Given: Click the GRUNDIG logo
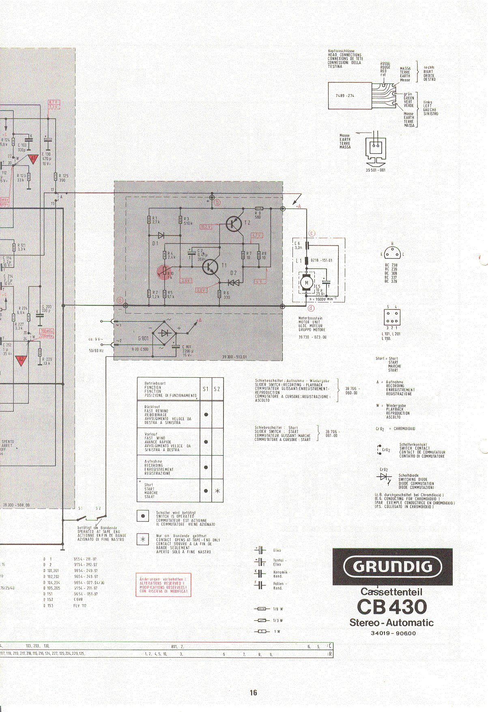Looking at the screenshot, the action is pos(392,567).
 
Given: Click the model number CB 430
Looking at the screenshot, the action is pos(392,607).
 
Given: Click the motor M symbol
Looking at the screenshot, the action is pos(307,283).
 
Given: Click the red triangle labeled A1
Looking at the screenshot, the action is pos(34,159).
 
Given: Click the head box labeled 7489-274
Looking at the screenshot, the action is pos(350,96).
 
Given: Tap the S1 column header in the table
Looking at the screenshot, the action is pos(206,389).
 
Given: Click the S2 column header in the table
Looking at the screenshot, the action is pos(217,389).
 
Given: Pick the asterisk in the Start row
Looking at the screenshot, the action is pos(217,491).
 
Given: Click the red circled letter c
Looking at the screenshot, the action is pos(312,233).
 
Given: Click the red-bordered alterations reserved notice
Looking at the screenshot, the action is pos(163,585).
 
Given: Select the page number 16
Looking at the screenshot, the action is pos(254,693).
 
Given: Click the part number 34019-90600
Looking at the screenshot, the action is pos(393,633).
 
